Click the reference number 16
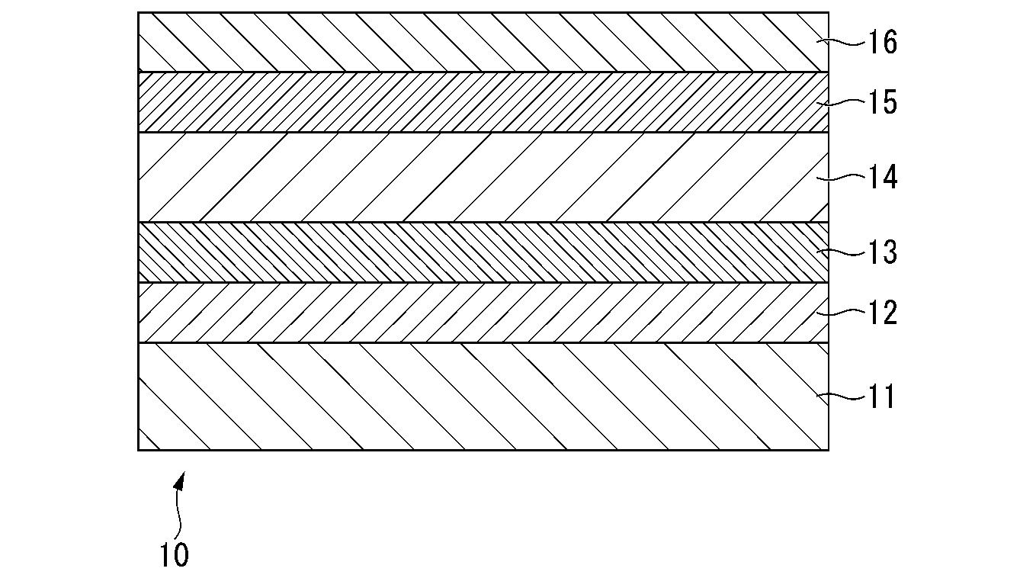click(883, 43)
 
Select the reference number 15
click(883, 102)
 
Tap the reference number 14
click(883, 177)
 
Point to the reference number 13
click(883, 252)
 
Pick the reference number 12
click(883, 313)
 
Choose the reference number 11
click(881, 397)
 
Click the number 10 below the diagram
click(175, 555)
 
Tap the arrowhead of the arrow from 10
click(181, 481)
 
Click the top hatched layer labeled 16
click(483, 43)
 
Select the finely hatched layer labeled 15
click(483, 102)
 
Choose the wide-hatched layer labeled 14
click(483, 178)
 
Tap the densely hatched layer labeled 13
click(483, 252)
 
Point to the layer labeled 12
click(483, 313)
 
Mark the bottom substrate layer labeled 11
click(483, 397)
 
